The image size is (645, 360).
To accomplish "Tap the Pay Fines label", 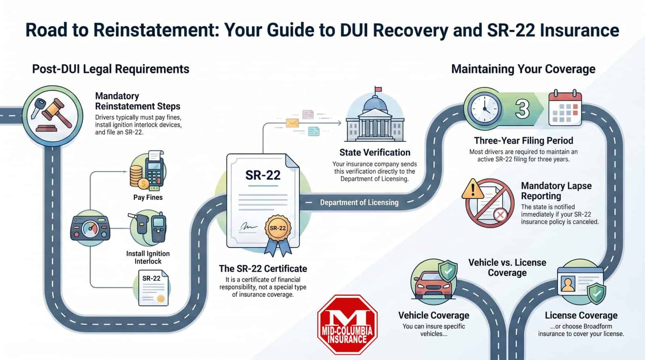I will [148, 198].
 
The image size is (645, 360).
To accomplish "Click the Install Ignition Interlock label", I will [148, 257].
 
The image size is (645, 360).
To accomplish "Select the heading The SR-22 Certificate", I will [263, 268].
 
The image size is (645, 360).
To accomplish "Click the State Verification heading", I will [375, 152].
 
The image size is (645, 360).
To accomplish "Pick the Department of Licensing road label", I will [359, 202].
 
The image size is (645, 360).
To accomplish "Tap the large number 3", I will [523, 109].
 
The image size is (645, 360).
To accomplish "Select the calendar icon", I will [565, 108].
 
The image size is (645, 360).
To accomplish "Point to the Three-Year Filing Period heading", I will [523, 141].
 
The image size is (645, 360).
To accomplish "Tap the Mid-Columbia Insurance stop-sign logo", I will [347, 325].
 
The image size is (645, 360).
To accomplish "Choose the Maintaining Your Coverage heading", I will [523, 69].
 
